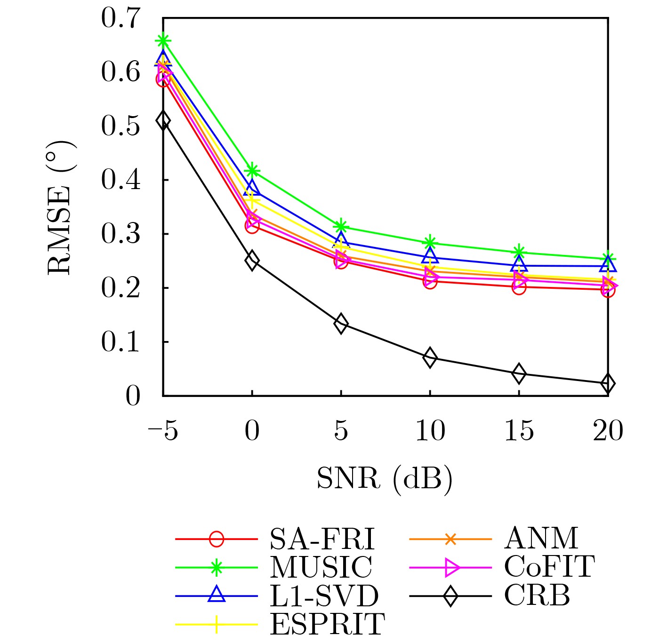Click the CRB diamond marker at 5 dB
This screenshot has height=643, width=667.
pyautogui.click(x=341, y=324)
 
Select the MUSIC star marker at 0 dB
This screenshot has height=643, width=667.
pyautogui.click(x=252, y=170)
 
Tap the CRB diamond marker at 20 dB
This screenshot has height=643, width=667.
pyautogui.click(x=608, y=383)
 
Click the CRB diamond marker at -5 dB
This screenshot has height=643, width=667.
pyautogui.click(x=163, y=120)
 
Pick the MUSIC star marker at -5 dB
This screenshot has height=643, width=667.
pyautogui.click(x=163, y=40)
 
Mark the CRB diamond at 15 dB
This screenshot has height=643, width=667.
pyautogui.click(x=519, y=373)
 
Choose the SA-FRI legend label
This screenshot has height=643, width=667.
pyautogui.click(x=322, y=539)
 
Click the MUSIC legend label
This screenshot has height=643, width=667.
pyautogui.click(x=321, y=567)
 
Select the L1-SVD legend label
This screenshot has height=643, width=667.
pyautogui.click(x=324, y=596)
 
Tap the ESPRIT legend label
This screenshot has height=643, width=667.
pyautogui.click(x=327, y=624)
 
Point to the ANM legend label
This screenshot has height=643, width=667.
pyautogui.click(x=541, y=539)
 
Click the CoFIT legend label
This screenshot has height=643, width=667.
pyautogui.click(x=549, y=567)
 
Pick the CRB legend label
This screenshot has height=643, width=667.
pyautogui.click(x=537, y=595)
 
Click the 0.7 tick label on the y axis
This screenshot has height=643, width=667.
pyautogui.click(x=121, y=19)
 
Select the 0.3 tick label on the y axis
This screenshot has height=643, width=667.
pyautogui.click(x=121, y=234)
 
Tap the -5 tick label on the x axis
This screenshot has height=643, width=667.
pyautogui.click(x=163, y=431)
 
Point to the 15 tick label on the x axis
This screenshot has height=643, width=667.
pyautogui.click(x=519, y=431)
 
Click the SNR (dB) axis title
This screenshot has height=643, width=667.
pyautogui.click(x=385, y=479)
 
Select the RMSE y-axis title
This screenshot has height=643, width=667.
pyautogui.click(x=60, y=207)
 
